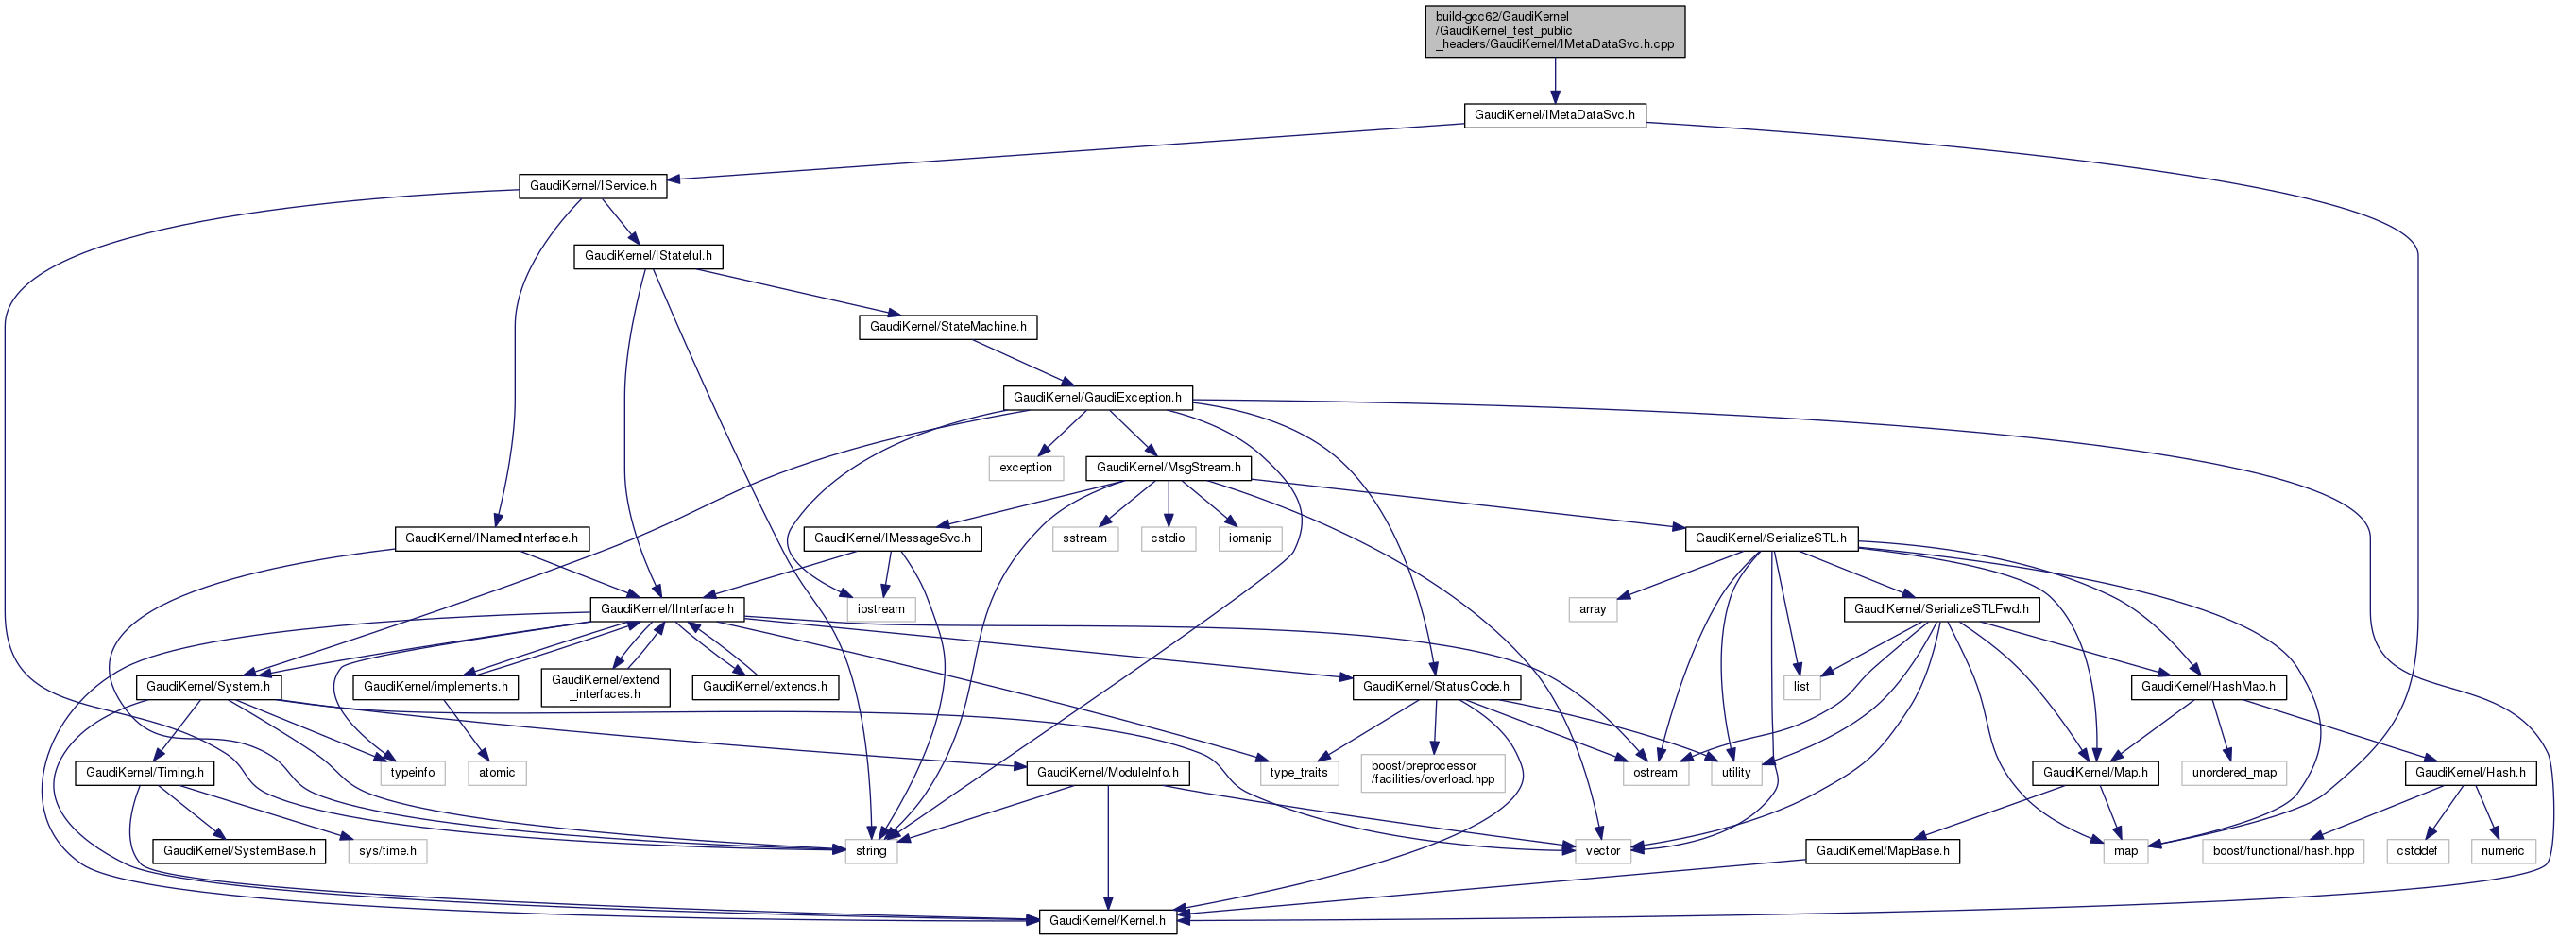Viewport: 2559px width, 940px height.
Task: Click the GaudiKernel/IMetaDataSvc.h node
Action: (x=1554, y=115)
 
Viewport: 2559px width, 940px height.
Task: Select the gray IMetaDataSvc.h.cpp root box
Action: (x=1554, y=31)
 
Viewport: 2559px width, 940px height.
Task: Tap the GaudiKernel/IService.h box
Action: (x=592, y=186)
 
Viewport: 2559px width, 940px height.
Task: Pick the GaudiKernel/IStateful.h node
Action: (x=648, y=256)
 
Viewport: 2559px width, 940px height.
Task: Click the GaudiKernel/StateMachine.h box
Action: (x=947, y=327)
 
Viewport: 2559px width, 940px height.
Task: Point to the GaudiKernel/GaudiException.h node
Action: (x=1097, y=398)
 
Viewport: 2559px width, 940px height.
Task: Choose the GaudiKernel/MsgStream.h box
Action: (x=1169, y=467)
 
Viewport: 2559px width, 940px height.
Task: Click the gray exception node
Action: (x=1025, y=467)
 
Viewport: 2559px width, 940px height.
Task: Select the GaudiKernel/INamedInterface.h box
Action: (x=491, y=538)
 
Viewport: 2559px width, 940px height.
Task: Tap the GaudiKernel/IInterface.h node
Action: (x=667, y=609)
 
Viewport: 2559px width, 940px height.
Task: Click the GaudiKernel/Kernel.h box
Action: (x=1107, y=920)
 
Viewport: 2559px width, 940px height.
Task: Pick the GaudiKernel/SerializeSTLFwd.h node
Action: (x=1941, y=609)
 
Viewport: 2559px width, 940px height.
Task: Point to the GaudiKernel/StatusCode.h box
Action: (x=1436, y=687)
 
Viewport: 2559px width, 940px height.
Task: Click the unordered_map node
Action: (x=2234, y=772)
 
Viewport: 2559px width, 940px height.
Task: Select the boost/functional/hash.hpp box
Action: (x=2283, y=850)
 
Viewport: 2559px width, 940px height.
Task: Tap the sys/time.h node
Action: (x=387, y=850)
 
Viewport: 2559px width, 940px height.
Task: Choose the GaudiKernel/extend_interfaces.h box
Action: (x=605, y=687)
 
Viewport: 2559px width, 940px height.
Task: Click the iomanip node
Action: (x=1250, y=538)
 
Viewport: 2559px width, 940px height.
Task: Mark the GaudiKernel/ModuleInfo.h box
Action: (x=1108, y=772)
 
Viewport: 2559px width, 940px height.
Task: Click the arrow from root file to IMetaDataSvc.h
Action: (x=1555, y=80)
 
